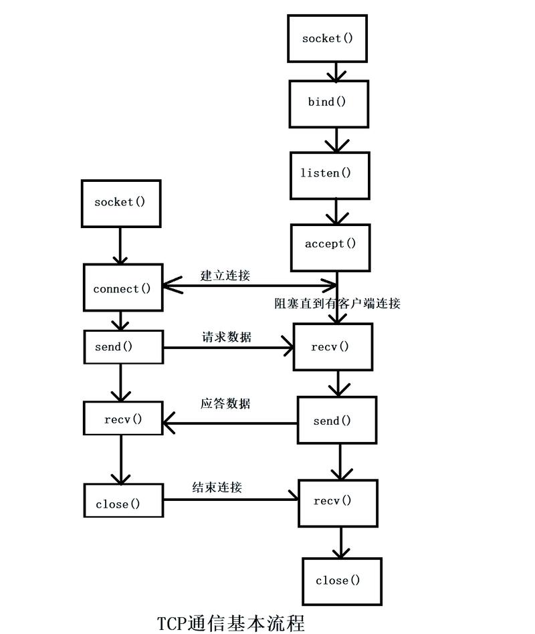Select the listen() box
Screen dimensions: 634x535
[x=329, y=174]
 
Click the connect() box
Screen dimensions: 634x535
[x=122, y=288]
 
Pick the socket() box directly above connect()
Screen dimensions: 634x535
[x=120, y=203]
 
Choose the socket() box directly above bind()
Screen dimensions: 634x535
[x=327, y=38]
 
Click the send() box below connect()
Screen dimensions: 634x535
[x=122, y=347]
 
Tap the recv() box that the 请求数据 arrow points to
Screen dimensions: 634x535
[x=332, y=346]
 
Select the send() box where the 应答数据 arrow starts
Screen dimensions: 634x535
[x=337, y=420]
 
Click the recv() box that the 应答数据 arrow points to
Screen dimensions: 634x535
[x=122, y=419]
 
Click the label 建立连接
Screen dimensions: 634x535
[x=225, y=274]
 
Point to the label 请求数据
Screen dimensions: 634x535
[x=226, y=337]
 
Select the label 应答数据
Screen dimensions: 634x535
[x=225, y=404]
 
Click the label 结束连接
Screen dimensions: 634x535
[x=217, y=487]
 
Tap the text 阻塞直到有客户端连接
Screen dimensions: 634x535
[x=336, y=304]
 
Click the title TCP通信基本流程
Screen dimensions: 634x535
[x=231, y=623]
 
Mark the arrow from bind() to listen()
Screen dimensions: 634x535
[x=336, y=140]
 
